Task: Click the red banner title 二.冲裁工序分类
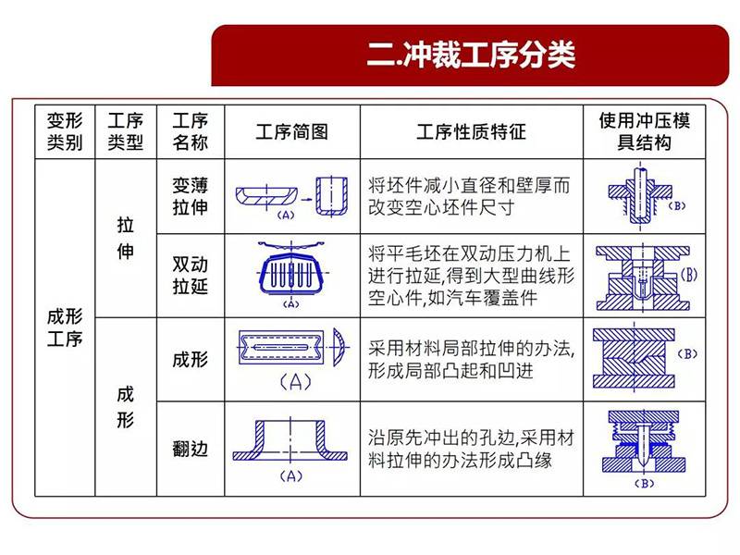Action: pos(471,55)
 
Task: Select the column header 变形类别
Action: pos(65,131)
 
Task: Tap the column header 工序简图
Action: pos(292,131)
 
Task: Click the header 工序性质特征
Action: pos(471,131)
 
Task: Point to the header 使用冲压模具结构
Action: pos(644,131)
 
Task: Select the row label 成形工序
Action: pos(65,327)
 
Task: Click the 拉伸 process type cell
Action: pos(125,239)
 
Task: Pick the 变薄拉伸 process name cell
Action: pos(191,196)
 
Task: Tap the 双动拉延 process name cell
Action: pos(191,275)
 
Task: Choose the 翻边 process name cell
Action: pos(191,449)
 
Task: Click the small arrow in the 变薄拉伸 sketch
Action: pos(307,200)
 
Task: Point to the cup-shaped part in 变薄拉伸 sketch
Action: pos(332,196)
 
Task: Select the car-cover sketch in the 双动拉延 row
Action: pos(291,270)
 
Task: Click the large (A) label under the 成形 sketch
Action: pos(296,382)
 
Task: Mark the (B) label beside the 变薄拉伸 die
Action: pos(677,205)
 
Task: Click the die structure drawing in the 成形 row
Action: pos(634,358)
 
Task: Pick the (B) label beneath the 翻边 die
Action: pos(644,483)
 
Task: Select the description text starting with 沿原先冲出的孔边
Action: pos(471,449)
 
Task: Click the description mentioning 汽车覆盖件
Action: pos(471,276)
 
